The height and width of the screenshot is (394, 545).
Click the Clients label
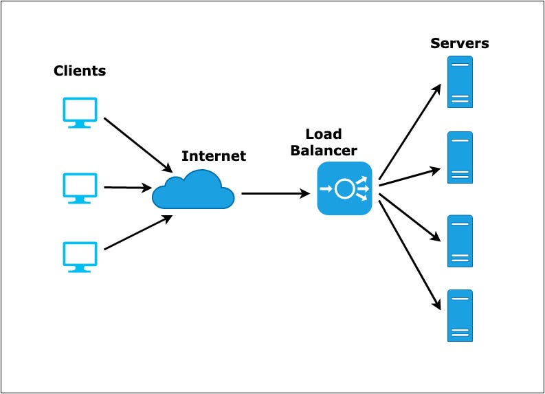click(x=80, y=71)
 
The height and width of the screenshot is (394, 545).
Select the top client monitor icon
click(x=80, y=112)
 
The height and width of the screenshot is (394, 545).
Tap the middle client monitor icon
click(x=80, y=187)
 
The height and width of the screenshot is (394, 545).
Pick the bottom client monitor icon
click(x=80, y=256)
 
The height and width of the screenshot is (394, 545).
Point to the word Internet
click(x=213, y=156)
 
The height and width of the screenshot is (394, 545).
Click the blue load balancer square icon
click(x=344, y=188)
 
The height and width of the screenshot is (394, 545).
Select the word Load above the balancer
click(x=324, y=134)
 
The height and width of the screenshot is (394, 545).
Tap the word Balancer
click(x=324, y=150)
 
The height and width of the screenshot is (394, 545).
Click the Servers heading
click(x=460, y=43)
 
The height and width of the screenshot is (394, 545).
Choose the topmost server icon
click(x=460, y=82)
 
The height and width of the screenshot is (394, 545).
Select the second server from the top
click(x=460, y=157)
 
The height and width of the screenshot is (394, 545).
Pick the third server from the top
click(x=460, y=241)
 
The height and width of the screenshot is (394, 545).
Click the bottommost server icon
click(x=460, y=316)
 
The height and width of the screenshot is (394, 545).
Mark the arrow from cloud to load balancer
click(x=276, y=194)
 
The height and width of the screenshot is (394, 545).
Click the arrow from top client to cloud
click(x=137, y=144)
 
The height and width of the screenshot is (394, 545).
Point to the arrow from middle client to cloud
click(x=127, y=187)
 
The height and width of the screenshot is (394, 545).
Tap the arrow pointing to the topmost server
click(x=410, y=131)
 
